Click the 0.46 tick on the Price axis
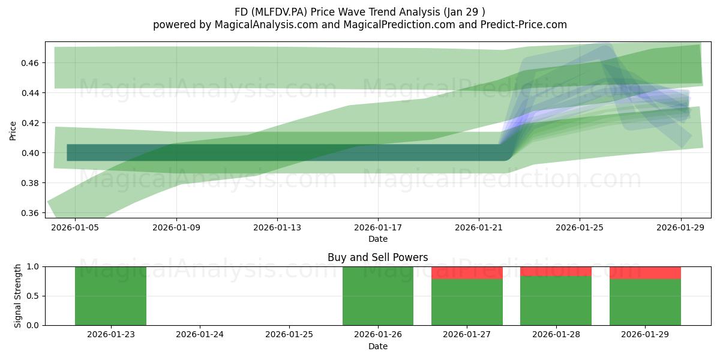(29, 63)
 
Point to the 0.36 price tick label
(29, 213)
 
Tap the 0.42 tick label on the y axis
(29, 123)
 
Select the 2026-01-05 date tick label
(75, 227)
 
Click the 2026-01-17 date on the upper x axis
(378, 227)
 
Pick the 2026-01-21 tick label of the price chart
(479, 227)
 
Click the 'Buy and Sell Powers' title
(377, 257)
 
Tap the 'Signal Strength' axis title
(17, 296)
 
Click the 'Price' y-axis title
(13, 131)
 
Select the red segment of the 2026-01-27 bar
(467, 273)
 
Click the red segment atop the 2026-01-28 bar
(556, 272)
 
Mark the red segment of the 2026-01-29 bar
(645, 273)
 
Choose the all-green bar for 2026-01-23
(110, 296)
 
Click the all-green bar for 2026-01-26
(378, 296)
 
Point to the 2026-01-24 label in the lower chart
(200, 335)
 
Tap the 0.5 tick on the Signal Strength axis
(33, 296)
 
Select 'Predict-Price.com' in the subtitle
(524, 25)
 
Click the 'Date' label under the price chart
(378, 239)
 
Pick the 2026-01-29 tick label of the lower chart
(645, 335)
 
